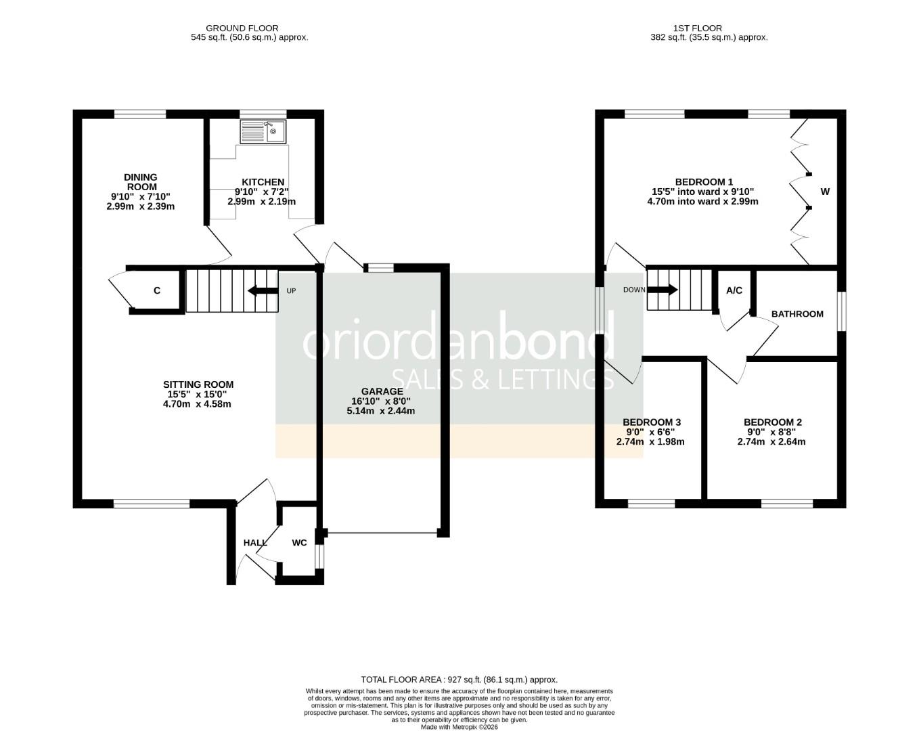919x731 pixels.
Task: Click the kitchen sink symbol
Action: [263, 131]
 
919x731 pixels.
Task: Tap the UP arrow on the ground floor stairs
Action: [263, 291]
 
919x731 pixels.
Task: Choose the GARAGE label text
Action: [382, 391]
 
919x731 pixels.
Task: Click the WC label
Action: [299, 543]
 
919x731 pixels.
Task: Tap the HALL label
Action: [255, 543]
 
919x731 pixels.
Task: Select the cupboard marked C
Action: [157, 291]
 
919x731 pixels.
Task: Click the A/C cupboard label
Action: [734, 290]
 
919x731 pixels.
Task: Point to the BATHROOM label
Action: [797, 314]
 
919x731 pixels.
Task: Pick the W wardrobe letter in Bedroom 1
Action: [825, 192]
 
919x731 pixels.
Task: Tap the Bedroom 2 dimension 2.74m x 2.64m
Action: [771, 442]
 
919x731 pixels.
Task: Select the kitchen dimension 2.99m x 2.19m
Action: [262, 202]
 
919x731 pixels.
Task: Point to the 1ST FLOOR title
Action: [697, 28]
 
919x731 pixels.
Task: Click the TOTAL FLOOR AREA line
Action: [459, 680]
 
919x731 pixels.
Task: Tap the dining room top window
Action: [140, 114]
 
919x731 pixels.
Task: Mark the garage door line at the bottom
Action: [382, 533]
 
